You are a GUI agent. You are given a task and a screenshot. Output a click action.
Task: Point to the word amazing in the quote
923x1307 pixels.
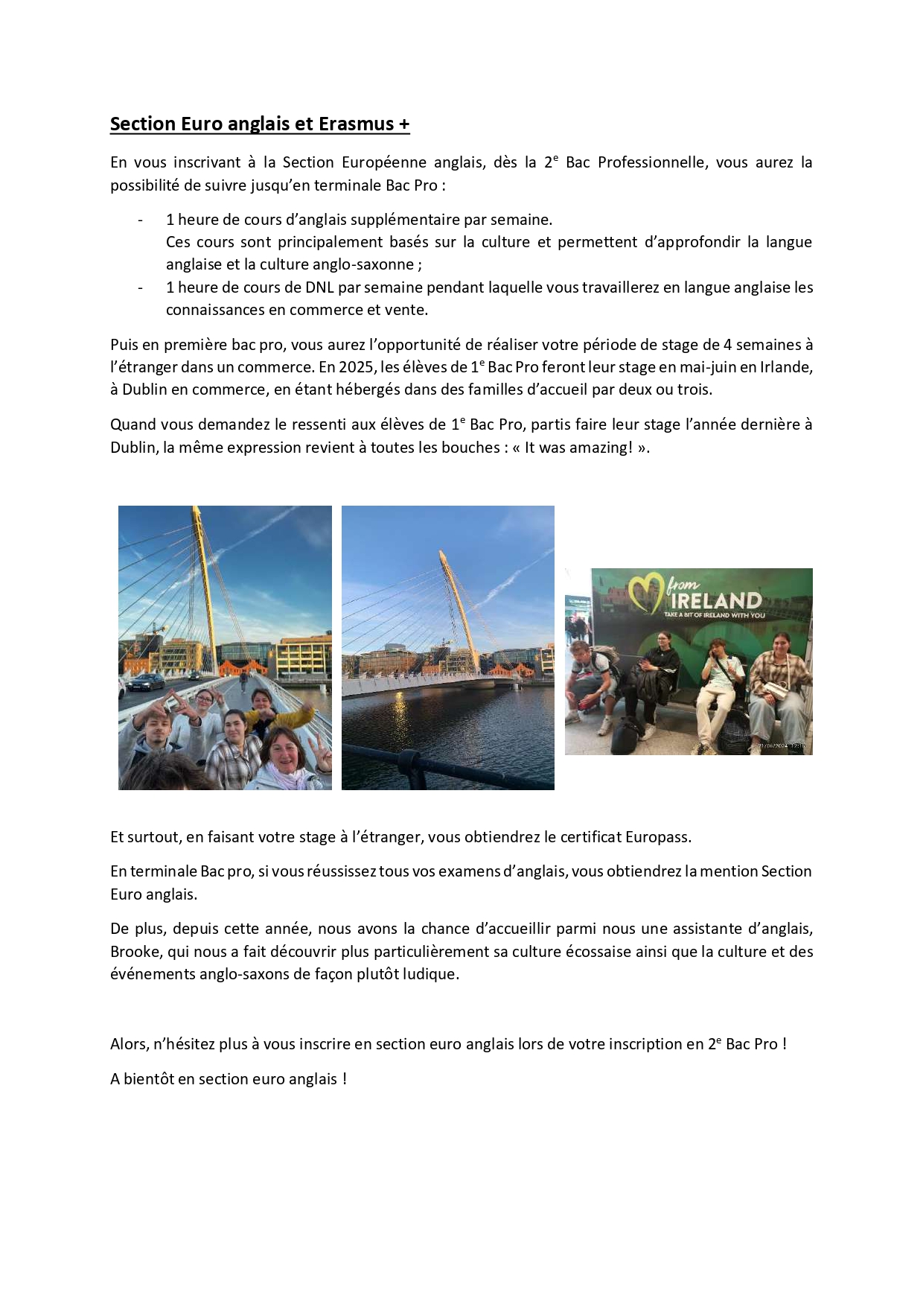click(601, 448)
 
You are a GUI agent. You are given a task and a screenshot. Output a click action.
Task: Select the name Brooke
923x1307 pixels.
click(135, 952)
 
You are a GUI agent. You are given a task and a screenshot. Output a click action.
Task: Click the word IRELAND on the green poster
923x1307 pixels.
click(716, 600)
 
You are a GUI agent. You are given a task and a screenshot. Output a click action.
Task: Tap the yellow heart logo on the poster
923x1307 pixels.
click(645, 594)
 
